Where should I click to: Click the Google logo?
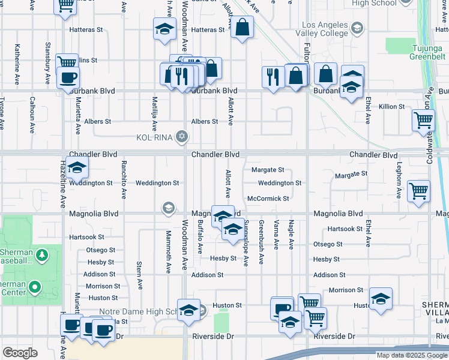click(x=20, y=352)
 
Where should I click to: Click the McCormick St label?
click(x=268, y=199)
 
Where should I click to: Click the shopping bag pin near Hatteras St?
click(x=242, y=27)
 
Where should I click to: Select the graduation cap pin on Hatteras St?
click(x=164, y=29)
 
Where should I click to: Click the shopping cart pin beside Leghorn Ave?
click(x=418, y=191)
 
